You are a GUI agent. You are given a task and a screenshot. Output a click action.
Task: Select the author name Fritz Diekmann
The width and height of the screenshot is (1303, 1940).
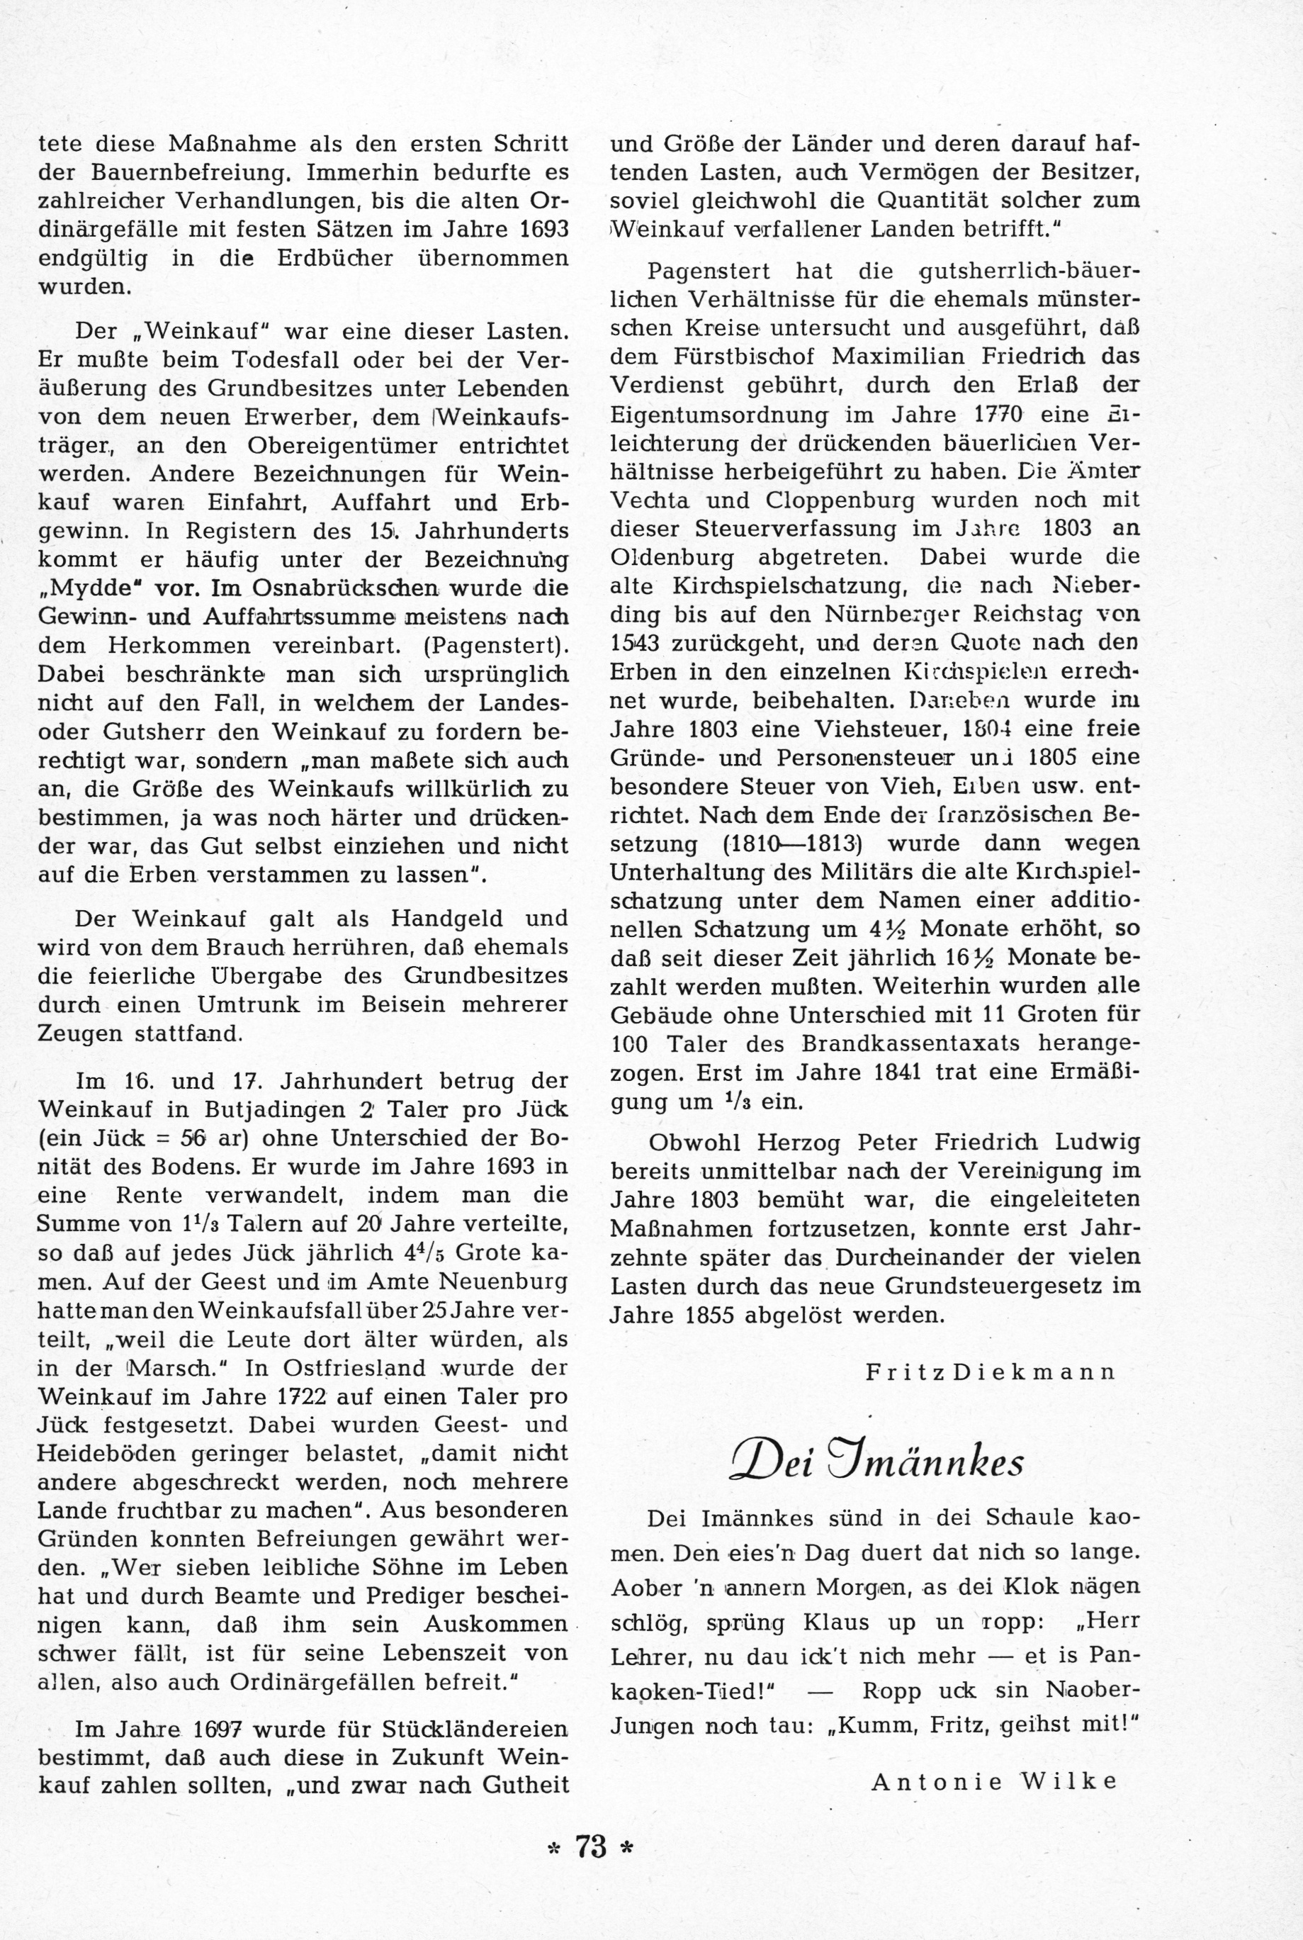click(x=991, y=1372)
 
